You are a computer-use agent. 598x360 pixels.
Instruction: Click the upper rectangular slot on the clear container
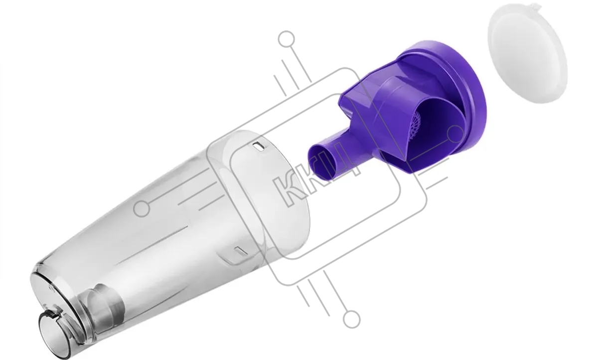pyautogui.click(x=259, y=146)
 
